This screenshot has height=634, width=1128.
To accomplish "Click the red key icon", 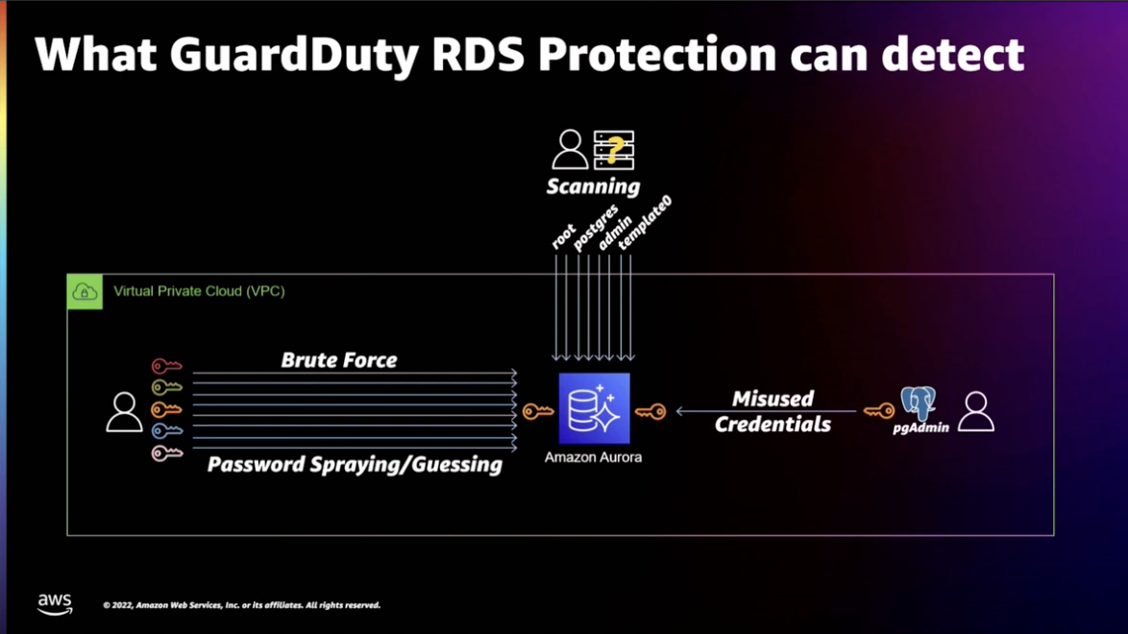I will pos(166,366).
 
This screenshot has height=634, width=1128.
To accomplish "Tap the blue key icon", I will pos(166,431).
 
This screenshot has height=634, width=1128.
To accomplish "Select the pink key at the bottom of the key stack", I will pos(166,452).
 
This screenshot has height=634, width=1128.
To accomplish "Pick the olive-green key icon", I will pos(166,387).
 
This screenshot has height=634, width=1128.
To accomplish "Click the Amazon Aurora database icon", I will pos(594,409).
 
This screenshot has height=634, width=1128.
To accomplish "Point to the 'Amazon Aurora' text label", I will pos(593,457).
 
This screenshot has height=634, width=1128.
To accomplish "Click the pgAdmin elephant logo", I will pos(918,403).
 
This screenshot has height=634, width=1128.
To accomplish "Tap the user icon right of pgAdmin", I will pos(976,411).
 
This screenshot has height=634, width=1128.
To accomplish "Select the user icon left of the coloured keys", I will pos(124,412).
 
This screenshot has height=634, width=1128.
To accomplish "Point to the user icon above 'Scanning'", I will pos(570,150).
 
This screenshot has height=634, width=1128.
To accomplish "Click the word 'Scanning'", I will pos(593,186).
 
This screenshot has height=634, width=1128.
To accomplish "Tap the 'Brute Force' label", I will pos(339,360).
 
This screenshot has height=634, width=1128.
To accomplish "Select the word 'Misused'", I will pos(772,399).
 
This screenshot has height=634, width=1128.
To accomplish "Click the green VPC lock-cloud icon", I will pos(85,291).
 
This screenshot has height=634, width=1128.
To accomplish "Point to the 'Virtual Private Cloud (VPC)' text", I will pos(199,291).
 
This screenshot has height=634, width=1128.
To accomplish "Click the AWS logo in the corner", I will pos(55,604).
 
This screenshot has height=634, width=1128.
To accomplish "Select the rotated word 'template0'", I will pos(645,224).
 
